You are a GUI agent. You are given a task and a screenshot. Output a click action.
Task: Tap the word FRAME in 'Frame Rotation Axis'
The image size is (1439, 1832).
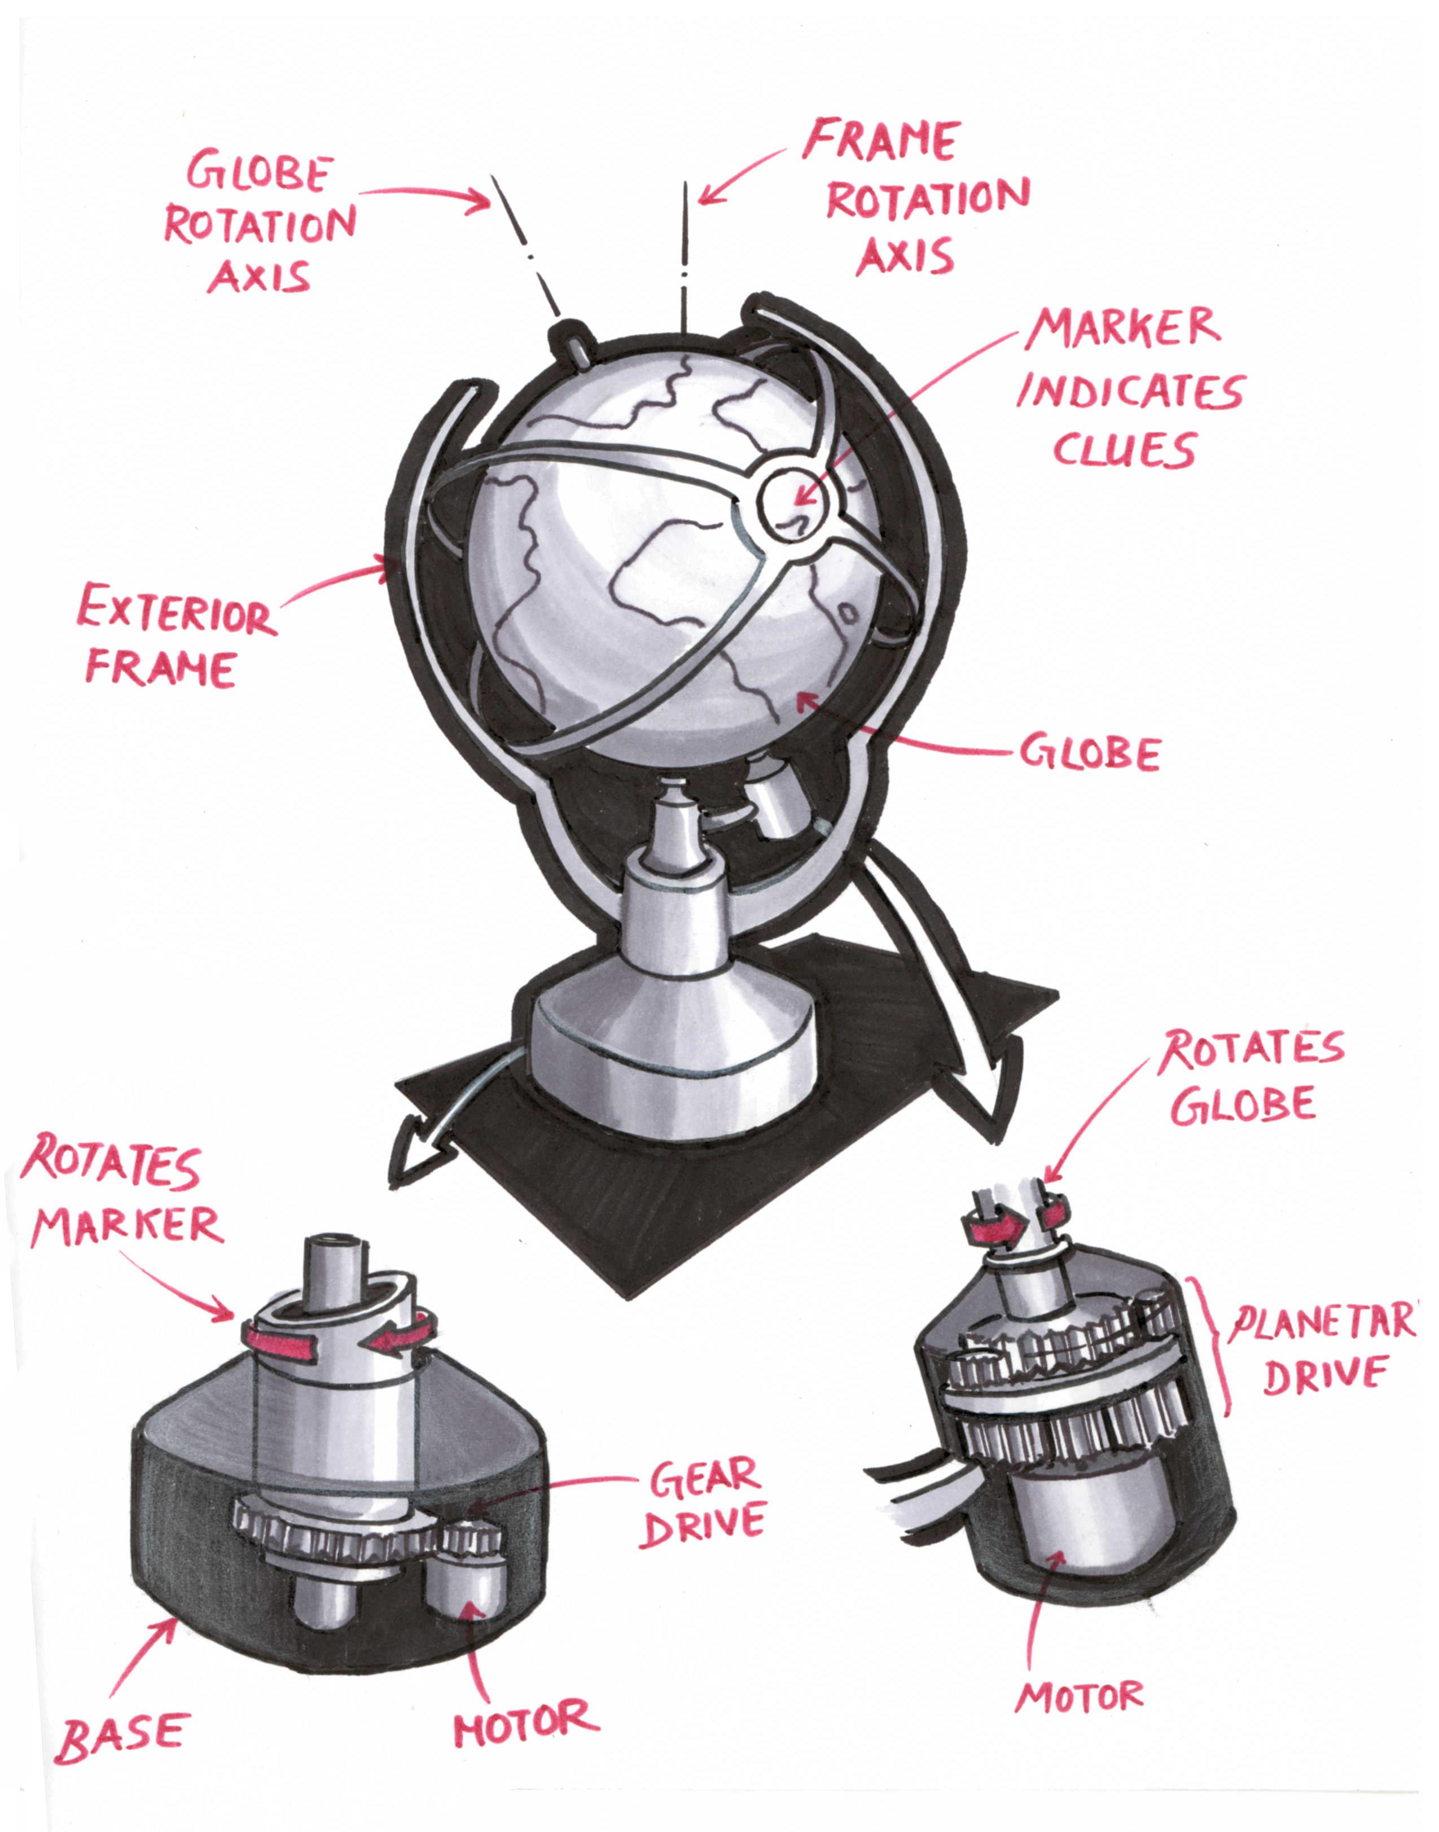(882, 140)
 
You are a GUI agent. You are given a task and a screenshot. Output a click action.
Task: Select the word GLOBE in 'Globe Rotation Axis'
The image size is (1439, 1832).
(257, 173)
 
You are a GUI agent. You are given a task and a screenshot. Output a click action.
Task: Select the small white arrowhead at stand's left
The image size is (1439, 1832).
(415, 1150)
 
